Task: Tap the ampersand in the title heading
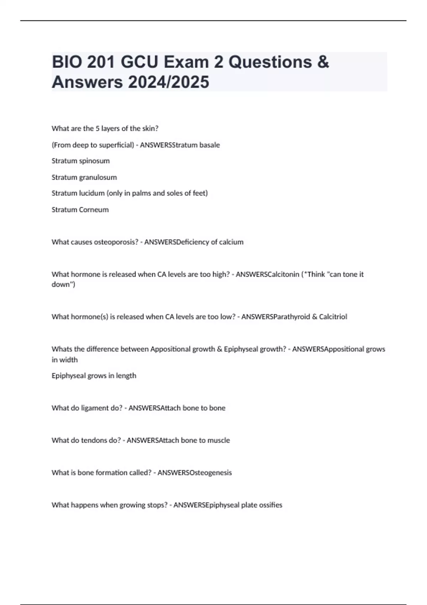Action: [322, 62]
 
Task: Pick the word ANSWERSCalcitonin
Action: [267, 274]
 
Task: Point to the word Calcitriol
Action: [333, 317]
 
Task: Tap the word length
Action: [126, 376]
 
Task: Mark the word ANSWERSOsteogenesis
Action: [195, 473]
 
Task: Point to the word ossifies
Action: [270, 505]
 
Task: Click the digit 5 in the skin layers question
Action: [97, 128]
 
